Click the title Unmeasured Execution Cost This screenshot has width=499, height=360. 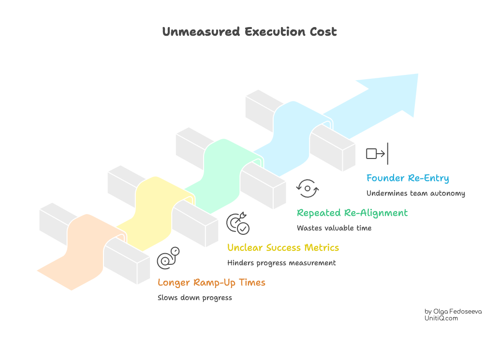pyautogui.click(x=249, y=32)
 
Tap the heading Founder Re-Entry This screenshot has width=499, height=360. pyautogui.click(x=407, y=178)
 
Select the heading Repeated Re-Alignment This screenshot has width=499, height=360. pyautogui.click(x=352, y=213)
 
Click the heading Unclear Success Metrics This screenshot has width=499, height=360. pyautogui.click(x=283, y=248)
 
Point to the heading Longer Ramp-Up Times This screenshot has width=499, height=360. pyautogui.click(x=211, y=283)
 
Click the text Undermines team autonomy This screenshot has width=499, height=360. pyautogui.click(x=415, y=193)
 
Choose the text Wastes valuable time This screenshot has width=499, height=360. pyautogui.click(x=334, y=228)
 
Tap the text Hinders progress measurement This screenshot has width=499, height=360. pyautogui.click(x=281, y=263)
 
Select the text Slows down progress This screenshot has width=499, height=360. pyautogui.click(x=194, y=298)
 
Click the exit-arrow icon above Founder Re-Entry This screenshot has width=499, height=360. pyautogui.click(x=377, y=154)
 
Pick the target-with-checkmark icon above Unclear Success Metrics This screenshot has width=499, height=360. pyautogui.click(x=238, y=223)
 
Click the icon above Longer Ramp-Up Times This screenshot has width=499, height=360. pyautogui.click(x=168, y=258)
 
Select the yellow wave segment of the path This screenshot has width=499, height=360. pyautogui.click(x=155, y=203)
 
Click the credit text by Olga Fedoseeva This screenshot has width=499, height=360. pyautogui.click(x=453, y=311)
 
